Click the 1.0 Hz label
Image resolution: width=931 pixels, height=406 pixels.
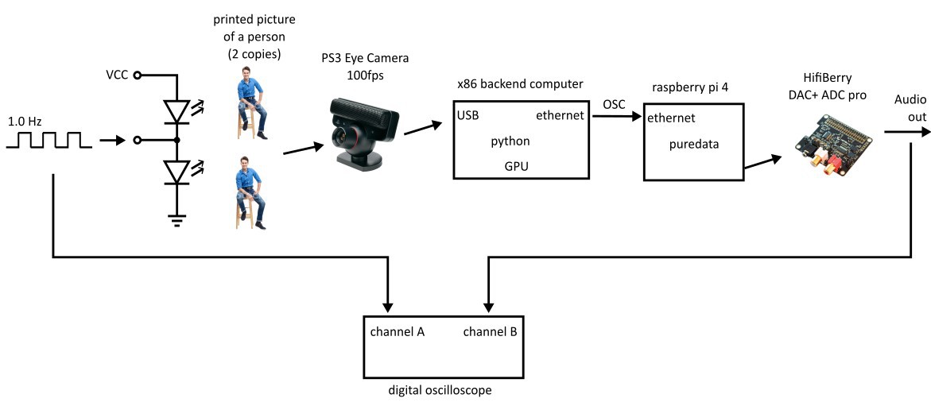[x=25, y=122]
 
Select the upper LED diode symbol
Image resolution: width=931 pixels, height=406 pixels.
[x=177, y=110]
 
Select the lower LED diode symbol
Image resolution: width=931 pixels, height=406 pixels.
[x=177, y=171]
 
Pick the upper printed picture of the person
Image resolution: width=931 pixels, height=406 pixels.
[x=250, y=103]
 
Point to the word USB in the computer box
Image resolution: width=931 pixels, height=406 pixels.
[x=467, y=116]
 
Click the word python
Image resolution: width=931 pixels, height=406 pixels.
[x=510, y=141]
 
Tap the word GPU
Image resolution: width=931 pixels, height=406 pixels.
[x=516, y=166]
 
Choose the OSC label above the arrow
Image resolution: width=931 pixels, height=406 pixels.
[x=615, y=104]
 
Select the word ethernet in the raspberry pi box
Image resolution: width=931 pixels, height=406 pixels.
[x=672, y=118]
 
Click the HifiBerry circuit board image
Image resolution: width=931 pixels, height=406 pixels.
[x=830, y=138]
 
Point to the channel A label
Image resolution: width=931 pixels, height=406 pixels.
[x=397, y=331]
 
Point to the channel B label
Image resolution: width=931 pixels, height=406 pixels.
[x=490, y=331]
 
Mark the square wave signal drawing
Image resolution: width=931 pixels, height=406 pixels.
[x=45, y=141]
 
